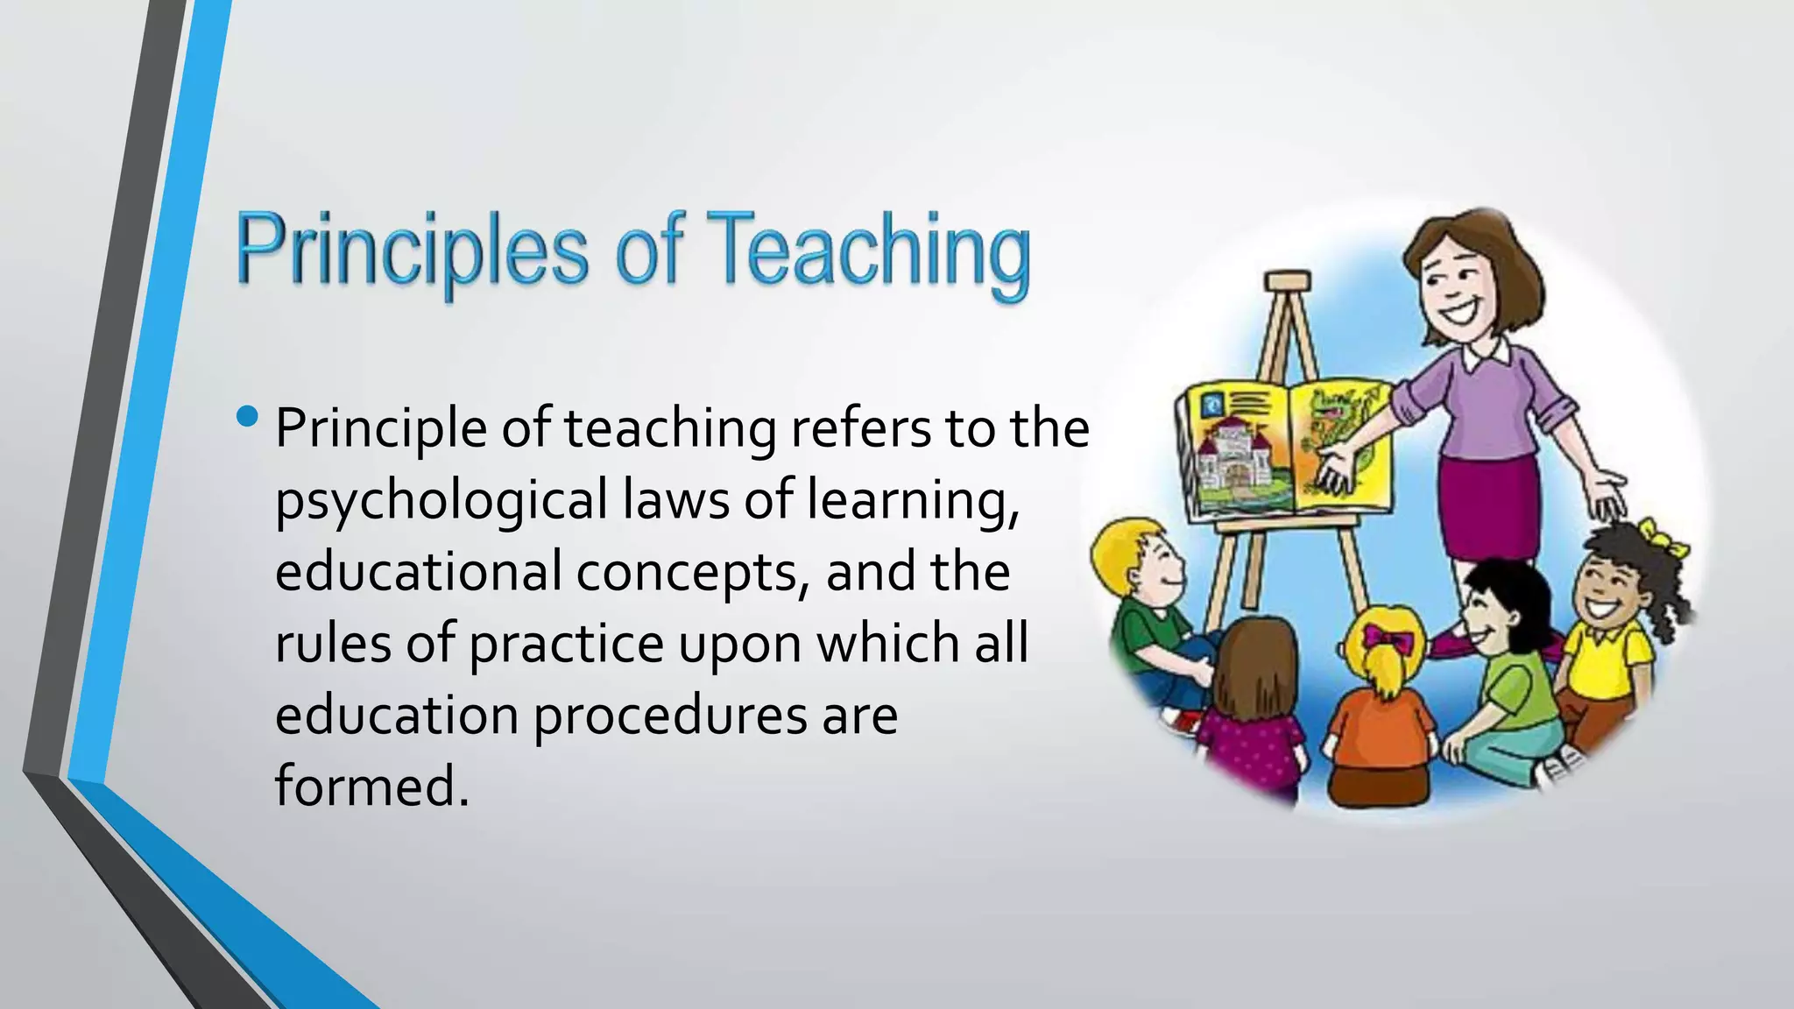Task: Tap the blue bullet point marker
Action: click(x=248, y=416)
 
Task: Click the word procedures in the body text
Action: click(x=670, y=716)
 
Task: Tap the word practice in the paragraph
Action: click(x=567, y=644)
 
